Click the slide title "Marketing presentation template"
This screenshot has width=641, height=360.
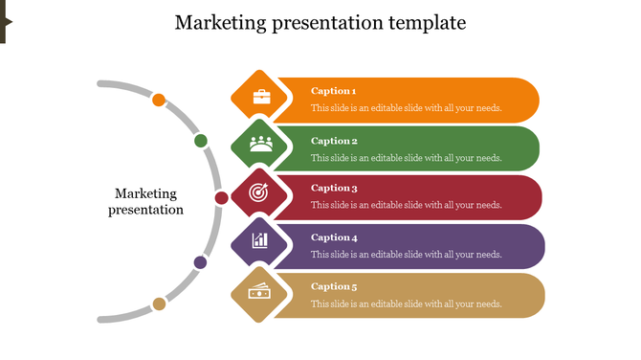point(320,22)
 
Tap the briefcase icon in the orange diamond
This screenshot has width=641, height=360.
point(261,97)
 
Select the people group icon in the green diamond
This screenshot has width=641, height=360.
point(261,145)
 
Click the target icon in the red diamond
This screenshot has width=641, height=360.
point(259,192)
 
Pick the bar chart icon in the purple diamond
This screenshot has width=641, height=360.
point(260,239)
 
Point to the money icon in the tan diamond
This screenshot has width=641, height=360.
point(259,292)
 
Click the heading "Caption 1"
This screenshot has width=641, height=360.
point(333,91)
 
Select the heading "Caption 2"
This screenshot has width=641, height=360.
point(333,141)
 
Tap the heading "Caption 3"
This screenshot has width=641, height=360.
point(334,189)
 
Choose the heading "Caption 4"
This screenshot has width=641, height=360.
point(334,237)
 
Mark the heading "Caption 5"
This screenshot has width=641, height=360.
point(334,286)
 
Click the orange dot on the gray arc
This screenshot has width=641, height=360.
point(160,100)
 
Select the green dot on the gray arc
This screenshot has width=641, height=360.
point(201,142)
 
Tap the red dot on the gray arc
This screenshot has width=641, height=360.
point(221,198)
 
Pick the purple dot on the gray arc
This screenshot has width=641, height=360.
point(201,261)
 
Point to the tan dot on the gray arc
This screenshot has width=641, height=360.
point(159,304)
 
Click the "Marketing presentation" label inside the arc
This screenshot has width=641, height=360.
point(145,202)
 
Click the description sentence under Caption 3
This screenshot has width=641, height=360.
point(406,205)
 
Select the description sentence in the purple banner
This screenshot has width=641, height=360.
point(406,255)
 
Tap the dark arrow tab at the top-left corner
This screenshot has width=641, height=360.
point(4,22)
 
